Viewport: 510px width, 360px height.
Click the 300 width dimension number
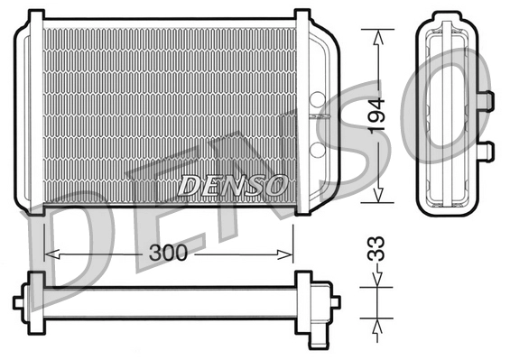(169, 254)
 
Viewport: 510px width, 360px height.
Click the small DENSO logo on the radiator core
(232, 184)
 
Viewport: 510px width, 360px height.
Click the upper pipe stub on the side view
(486, 98)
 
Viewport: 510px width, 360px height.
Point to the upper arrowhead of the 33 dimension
(377, 282)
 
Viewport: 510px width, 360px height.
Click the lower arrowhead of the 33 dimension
(377, 322)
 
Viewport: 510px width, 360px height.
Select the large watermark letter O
(456, 95)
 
